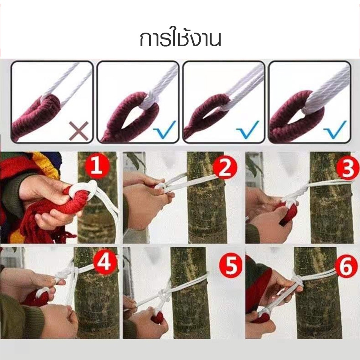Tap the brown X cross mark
coord(79,130)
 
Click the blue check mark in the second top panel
coord(165,129)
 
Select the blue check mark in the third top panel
coord(248,129)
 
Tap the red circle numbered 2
coord(224,169)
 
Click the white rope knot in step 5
coord(164,295)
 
